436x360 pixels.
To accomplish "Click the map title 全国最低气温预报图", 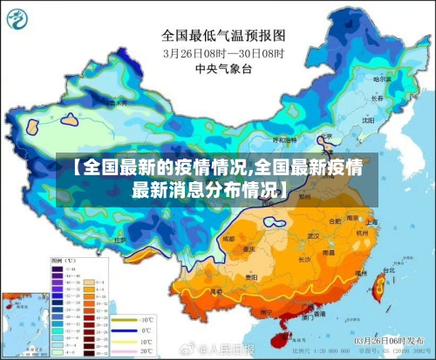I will tap(223, 37).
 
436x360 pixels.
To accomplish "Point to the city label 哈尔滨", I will tap(380, 79).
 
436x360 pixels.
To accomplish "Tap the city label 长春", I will tap(377, 98).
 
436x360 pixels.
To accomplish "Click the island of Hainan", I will tap(280, 328).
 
